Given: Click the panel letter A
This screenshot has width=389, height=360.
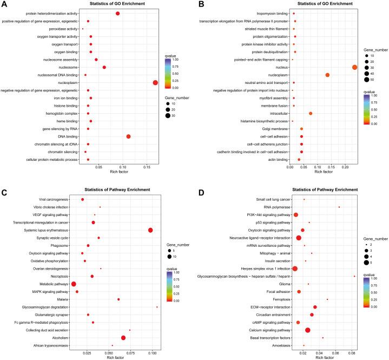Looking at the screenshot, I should pyautogui.click(x=4, y=5).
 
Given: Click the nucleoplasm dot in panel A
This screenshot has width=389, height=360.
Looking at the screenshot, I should pyautogui.click(x=155, y=82).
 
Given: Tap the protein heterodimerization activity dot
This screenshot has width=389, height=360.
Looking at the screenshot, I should pyautogui.click(x=118, y=13).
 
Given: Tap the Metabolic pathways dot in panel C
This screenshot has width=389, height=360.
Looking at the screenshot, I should pyautogui.click(x=74, y=284).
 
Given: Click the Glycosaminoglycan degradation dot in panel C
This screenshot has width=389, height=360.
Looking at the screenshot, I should pyautogui.click(x=157, y=307).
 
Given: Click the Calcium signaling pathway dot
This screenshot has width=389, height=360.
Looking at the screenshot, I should pyautogui.click(x=308, y=330).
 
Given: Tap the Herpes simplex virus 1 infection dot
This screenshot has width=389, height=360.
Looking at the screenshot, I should pyautogui.click(x=295, y=269).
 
